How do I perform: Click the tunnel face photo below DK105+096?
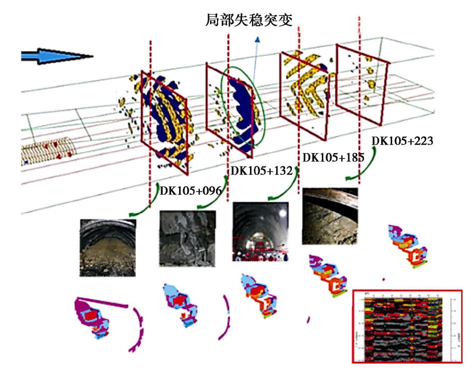[107, 247]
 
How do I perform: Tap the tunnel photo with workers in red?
[260, 231]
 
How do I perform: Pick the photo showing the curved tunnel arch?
[330, 215]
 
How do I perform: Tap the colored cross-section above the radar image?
[407, 247]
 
